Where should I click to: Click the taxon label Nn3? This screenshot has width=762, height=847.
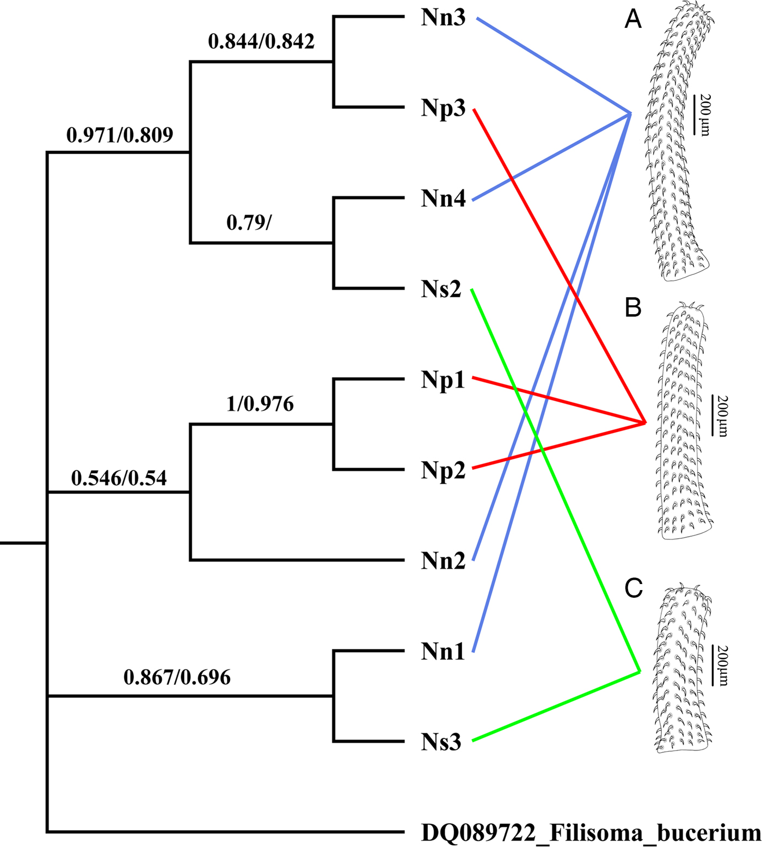point(443,18)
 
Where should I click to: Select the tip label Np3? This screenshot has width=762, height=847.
point(443,109)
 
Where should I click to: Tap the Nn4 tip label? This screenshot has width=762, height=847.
point(443,199)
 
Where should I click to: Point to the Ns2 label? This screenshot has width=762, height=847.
point(441,290)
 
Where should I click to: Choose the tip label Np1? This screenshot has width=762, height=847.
point(443,380)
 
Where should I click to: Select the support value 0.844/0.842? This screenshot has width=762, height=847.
point(261,41)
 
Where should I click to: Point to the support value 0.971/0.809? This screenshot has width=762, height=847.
point(120,135)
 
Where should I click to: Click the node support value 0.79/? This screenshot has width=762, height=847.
point(249,223)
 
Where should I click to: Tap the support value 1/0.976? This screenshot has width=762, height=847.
point(260,404)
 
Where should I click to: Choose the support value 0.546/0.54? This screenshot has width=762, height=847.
point(119,478)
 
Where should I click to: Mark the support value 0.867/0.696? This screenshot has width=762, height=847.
point(177,677)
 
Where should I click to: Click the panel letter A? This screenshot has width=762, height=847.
point(633,20)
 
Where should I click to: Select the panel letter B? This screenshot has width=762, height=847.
point(633,308)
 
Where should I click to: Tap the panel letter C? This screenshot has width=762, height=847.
point(634,588)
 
